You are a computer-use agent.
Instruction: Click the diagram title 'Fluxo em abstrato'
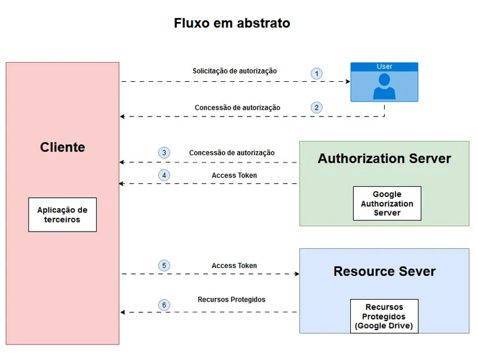232,23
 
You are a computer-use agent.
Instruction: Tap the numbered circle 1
317,73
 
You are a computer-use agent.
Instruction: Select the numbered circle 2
317,107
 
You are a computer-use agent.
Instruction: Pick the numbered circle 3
164,152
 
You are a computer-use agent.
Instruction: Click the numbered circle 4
164,176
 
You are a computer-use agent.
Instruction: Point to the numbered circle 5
164,266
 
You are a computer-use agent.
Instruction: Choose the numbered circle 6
164,305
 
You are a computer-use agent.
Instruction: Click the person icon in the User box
384,86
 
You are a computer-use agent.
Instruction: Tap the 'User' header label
384,66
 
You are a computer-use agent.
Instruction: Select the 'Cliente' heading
63,147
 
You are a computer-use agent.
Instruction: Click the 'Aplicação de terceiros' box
62,215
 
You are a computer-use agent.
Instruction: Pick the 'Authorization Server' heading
384,158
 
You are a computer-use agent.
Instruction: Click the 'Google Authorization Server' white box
387,204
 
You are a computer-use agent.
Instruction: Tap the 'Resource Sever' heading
384,271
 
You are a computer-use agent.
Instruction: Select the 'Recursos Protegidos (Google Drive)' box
384,316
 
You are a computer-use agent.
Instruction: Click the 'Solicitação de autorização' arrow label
234,71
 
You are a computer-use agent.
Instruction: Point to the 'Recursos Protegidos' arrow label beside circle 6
231,299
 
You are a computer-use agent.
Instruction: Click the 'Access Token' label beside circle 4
234,176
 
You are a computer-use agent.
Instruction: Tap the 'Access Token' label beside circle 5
234,266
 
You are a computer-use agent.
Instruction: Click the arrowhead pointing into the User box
346,81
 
